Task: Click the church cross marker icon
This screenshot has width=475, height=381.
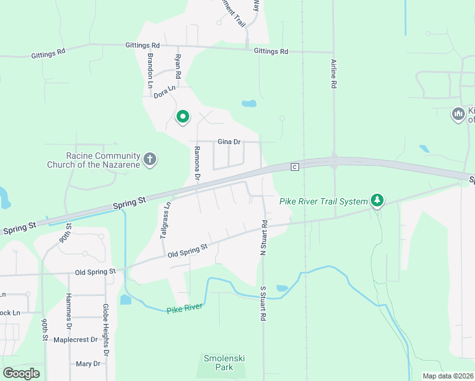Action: pos(150,159)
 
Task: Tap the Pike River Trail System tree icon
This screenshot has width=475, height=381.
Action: pos(378,201)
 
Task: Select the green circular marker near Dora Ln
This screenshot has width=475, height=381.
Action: pos(183,116)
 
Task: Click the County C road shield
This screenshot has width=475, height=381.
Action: pos(295,167)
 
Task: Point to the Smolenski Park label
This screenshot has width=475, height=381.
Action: pos(224,363)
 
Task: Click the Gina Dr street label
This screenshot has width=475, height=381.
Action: pos(229,142)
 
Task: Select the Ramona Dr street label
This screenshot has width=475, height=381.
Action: pos(197,163)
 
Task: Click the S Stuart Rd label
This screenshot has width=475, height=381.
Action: pos(262,303)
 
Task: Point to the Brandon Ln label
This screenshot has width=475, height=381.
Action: pos(151,70)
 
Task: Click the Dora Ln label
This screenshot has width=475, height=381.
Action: pos(164,92)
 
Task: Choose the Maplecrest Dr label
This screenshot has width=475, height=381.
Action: pos(76,340)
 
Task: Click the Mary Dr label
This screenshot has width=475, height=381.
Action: pos(88,364)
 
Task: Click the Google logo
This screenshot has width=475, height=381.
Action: pos(21,373)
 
